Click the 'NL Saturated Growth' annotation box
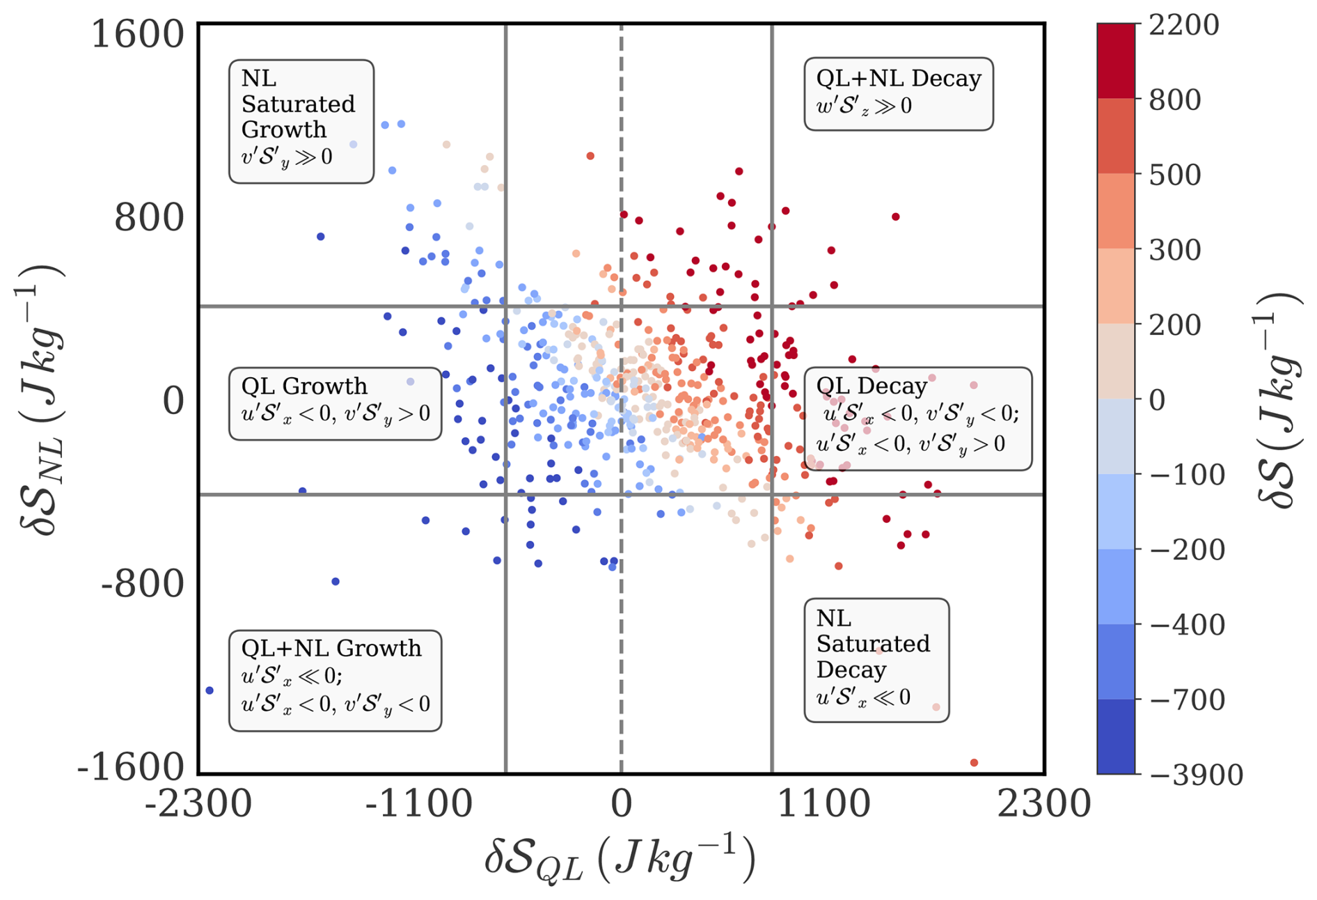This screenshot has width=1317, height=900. point(301,122)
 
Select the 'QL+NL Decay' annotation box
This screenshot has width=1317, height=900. point(898,94)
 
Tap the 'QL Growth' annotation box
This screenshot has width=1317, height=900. point(335,404)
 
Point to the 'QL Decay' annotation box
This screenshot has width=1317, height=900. point(917,418)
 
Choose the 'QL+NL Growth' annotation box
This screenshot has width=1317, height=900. point(335,680)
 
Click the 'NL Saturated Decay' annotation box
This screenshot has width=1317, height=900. point(876,659)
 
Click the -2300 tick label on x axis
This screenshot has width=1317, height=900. point(198,804)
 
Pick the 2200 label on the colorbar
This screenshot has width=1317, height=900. point(1183,25)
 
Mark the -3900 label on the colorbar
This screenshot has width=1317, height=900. point(1196,774)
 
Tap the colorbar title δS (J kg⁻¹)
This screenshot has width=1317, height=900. point(1279,400)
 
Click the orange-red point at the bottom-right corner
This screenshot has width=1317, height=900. point(974,763)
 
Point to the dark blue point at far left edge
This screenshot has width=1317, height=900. point(210,690)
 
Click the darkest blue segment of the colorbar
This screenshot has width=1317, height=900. point(1116,736)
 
